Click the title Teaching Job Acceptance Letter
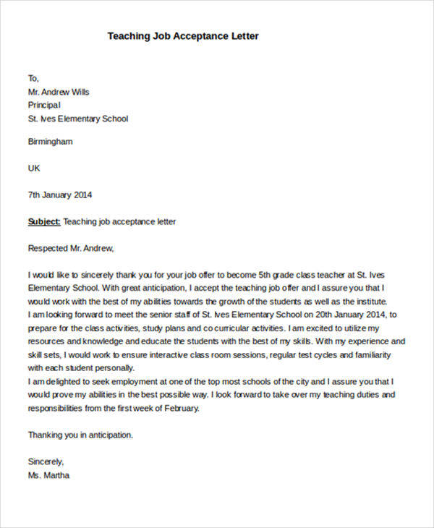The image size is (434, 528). pos(182,35)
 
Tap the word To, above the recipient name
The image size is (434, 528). pos(33,78)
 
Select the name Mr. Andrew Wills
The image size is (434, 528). pos(59,92)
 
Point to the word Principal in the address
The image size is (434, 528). pos(44,105)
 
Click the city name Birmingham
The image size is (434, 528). pos(50,142)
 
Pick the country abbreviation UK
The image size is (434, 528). pos(34,168)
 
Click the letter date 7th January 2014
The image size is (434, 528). pos(60,195)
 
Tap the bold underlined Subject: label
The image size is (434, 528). pos(44,221)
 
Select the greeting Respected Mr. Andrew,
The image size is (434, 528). pos(71,248)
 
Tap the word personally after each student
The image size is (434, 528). pos(101,367)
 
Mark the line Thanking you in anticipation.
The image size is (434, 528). pos(80,435)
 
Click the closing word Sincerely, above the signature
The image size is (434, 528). pos(46,461)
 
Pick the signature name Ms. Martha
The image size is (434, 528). pos(48,475)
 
